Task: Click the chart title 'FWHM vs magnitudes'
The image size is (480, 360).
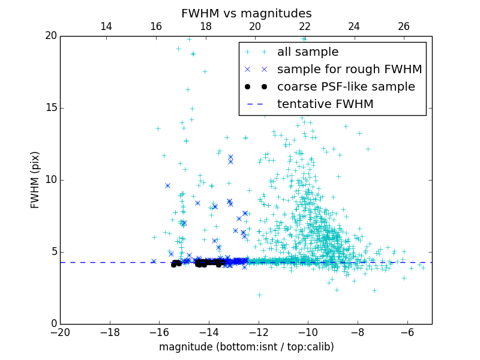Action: pyautogui.click(x=246, y=13)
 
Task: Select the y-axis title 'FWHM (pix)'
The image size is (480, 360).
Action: pyautogui.click(x=35, y=179)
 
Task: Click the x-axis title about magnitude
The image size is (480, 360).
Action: pyautogui.click(x=246, y=347)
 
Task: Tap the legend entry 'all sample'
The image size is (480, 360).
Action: pyautogui.click(x=308, y=52)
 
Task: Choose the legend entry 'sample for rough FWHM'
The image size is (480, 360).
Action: pyautogui.click(x=349, y=70)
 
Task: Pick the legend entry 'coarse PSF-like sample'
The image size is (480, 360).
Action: pyautogui.click(x=346, y=87)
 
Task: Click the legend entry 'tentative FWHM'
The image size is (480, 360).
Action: pyautogui.click(x=325, y=104)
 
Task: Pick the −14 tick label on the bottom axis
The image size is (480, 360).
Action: pyautogui.click(x=209, y=332)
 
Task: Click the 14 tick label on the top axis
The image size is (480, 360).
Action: pyautogui.click(x=106, y=26)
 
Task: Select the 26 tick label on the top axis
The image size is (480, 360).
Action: pyautogui.click(x=404, y=26)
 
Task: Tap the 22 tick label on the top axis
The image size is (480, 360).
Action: pyautogui.click(x=305, y=26)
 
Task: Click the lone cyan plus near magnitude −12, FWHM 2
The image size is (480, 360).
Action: pyautogui.click(x=259, y=295)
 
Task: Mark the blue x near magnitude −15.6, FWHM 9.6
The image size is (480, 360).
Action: pyautogui.click(x=167, y=185)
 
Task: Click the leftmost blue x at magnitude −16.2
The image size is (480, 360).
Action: pyautogui.click(x=154, y=261)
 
